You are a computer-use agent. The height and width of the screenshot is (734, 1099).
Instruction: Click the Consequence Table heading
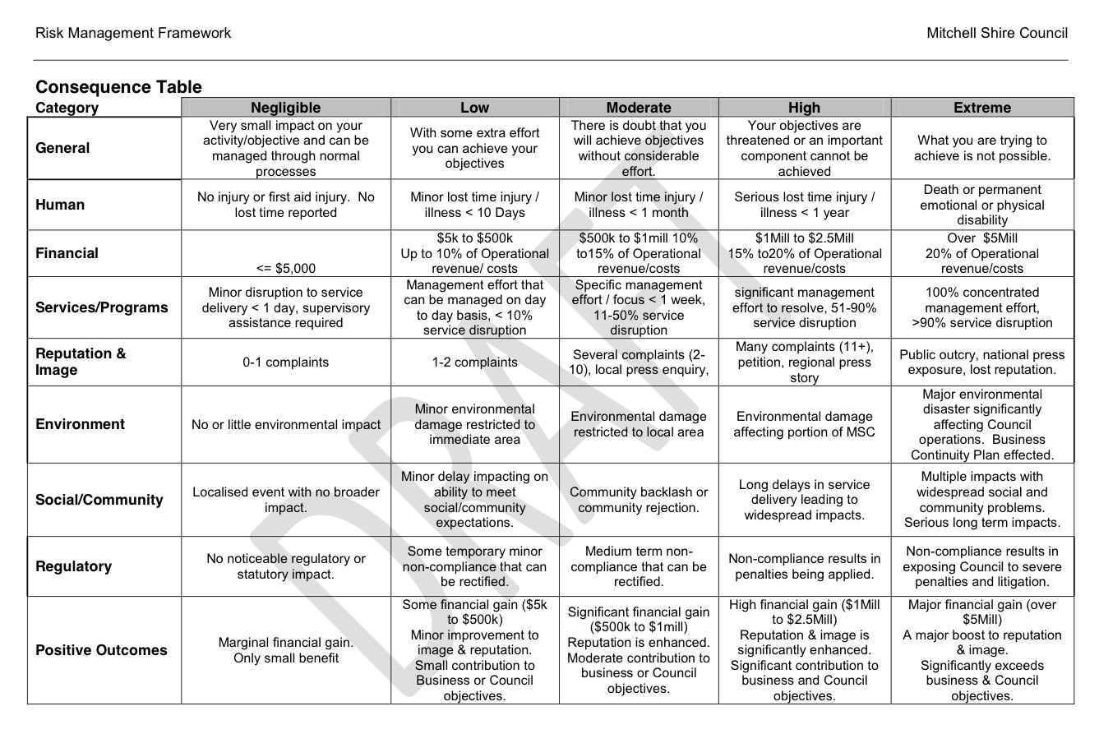118,87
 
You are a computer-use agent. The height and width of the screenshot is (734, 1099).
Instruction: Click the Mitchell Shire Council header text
997,33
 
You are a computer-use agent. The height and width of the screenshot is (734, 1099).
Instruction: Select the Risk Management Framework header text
133,33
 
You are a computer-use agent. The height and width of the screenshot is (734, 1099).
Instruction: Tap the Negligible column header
285,108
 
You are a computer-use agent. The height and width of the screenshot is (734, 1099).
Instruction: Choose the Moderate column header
639,108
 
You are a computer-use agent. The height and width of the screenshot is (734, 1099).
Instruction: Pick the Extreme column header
982,108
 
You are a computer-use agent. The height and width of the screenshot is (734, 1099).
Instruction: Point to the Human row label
60,205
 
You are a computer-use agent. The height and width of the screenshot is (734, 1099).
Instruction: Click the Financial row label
67,253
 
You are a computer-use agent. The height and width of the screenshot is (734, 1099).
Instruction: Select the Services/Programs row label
101,307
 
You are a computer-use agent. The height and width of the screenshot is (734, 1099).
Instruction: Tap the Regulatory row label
73,566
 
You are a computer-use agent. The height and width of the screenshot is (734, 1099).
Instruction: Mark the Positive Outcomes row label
101,650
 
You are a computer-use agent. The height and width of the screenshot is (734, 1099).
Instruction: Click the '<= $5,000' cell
285,268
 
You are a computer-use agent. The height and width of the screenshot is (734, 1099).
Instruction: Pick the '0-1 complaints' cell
285,362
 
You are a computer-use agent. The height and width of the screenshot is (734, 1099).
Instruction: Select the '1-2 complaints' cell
474,362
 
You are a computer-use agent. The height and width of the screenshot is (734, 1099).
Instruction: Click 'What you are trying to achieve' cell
982,148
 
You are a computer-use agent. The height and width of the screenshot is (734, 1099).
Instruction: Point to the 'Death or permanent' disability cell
982,205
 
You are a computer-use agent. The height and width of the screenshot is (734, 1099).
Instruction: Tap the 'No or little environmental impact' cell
285,425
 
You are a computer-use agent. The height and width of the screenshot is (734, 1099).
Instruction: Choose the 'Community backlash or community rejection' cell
639,500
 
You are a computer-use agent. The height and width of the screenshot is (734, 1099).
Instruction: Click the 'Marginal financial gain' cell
285,650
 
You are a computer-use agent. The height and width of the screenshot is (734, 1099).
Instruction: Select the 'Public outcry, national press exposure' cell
982,362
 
